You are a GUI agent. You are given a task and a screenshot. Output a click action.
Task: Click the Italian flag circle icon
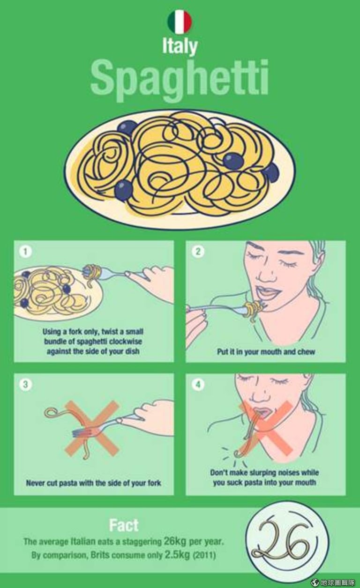[x=180, y=22]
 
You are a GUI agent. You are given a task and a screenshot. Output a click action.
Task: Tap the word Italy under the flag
[x=180, y=47]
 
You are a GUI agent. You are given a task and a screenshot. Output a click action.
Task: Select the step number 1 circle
[x=25, y=252]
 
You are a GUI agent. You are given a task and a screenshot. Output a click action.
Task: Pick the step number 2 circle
[x=198, y=252]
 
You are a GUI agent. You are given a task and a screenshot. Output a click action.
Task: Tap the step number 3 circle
[x=25, y=385]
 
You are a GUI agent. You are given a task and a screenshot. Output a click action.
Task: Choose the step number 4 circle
[x=198, y=385]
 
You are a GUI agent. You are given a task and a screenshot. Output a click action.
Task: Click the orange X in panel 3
[x=92, y=428]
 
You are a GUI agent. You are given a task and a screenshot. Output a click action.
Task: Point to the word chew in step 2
[x=306, y=352]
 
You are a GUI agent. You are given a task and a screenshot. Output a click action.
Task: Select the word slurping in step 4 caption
[x=262, y=472]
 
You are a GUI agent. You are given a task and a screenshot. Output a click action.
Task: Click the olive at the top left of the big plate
[x=127, y=128]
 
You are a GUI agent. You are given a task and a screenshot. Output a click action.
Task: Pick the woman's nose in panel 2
[x=265, y=274]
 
